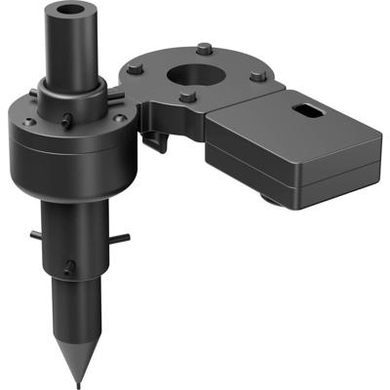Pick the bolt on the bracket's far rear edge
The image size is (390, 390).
[203, 48]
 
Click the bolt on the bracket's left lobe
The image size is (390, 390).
[134, 67]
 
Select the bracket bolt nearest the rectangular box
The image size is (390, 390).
[256, 76]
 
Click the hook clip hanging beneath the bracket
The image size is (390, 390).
[157, 142]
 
